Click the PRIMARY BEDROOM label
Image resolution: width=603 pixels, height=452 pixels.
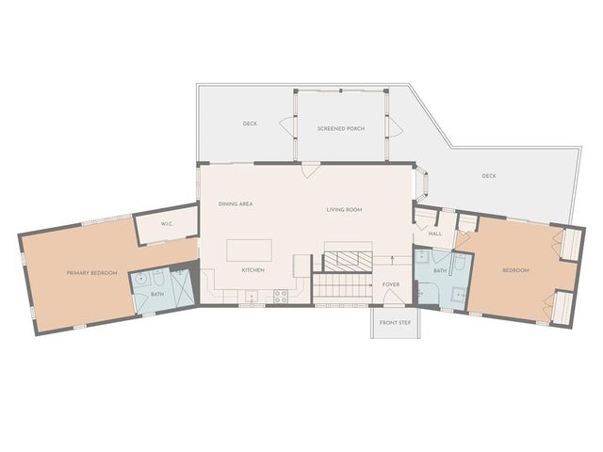coord(92,273)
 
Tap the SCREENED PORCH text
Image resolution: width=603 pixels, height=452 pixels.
coord(341,128)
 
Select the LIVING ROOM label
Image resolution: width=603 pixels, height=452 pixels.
coord(344,210)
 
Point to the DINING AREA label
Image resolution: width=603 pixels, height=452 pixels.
coord(236,203)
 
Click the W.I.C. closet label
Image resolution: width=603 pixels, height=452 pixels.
coord(167,224)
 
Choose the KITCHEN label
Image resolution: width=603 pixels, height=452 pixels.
coord(253,270)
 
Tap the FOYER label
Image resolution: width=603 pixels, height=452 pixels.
coord(391,284)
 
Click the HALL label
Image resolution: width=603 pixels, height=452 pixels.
coord(435,234)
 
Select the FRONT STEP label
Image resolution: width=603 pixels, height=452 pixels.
coord(396,323)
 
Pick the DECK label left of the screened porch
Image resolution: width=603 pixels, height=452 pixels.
coord(250,123)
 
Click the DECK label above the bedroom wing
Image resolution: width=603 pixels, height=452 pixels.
coord(489,176)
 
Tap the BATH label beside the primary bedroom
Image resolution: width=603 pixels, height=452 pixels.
coord(157,294)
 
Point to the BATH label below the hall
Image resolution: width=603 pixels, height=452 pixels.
coord(440,270)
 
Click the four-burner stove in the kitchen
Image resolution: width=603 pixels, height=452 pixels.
coord(281,296)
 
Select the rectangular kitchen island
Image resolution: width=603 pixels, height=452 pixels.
coord(249,250)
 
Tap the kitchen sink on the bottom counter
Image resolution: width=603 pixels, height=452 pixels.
coord(252,297)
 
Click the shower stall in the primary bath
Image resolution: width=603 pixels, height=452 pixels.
coord(181,287)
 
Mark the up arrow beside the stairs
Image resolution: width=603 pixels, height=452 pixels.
coord(392,260)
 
